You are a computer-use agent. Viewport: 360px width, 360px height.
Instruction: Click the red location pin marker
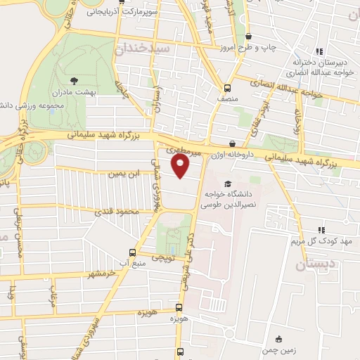(x=181, y=165)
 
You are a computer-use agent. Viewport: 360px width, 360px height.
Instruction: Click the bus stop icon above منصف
(x=227, y=89)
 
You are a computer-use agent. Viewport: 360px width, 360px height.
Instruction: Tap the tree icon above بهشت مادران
(x=75, y=79)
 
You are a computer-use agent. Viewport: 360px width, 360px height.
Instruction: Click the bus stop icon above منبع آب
(x=132, y=252)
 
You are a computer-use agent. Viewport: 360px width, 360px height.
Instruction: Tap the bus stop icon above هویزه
(x=179, y=307)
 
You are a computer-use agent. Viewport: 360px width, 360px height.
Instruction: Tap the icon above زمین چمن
(x=279, y=339)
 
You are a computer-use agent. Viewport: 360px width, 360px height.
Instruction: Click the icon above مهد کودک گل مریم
(x=321, y=229)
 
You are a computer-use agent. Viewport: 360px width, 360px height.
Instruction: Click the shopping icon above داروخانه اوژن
(x=231, y=143)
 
